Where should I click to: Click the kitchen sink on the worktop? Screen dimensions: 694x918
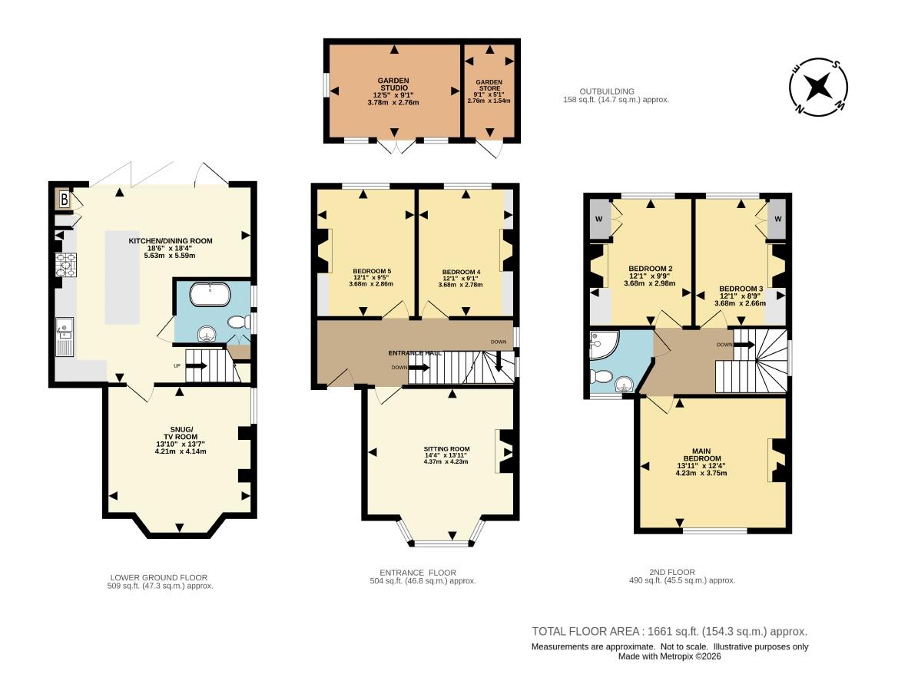[64, 335]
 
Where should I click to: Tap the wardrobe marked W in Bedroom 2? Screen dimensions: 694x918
[598, 219]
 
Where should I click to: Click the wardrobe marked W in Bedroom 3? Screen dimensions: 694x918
[777, 219]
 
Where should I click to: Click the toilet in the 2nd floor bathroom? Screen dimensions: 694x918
[602, 377]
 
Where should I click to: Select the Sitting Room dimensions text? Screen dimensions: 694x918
[446, 460]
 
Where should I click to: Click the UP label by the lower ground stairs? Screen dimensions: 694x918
[177, 365]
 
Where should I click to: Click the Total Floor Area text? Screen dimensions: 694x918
[669, 631]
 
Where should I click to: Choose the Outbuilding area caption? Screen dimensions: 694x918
[617, 95]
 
